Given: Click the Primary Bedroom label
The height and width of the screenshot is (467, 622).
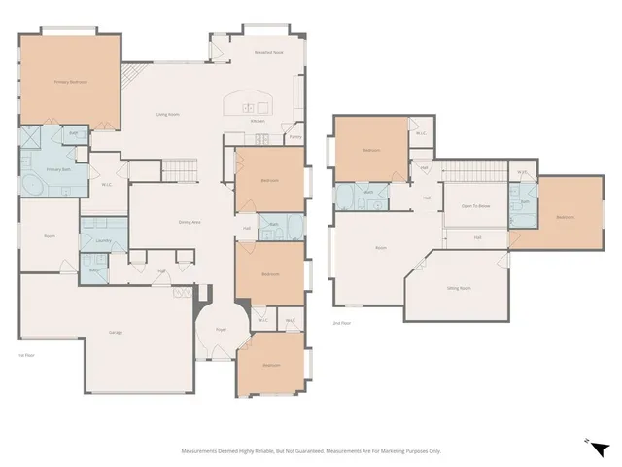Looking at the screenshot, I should point(71,82).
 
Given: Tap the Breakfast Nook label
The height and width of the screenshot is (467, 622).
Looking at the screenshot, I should point(269,52).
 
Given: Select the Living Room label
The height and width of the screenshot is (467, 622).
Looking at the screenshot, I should point(168,114).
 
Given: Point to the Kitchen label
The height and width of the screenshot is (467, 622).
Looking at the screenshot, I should point(258,121).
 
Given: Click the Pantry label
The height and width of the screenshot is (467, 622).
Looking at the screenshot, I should point(294,137).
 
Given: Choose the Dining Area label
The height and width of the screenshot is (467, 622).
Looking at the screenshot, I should point(189,222).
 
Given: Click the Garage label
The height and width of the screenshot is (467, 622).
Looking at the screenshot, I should point(116,333).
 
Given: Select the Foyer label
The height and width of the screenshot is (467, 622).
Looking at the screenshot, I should point(221,329).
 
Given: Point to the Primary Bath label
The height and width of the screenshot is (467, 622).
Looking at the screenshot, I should point(59,169).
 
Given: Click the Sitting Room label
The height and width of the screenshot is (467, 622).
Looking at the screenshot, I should point(459,288).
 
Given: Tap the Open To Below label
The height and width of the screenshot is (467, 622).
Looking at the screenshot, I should point(474,205).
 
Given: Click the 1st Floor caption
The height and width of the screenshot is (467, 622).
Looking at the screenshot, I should point(26,356).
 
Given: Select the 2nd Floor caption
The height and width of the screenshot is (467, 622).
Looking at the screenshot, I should point(341,322).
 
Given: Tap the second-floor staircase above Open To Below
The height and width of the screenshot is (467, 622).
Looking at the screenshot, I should point(476,171).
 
